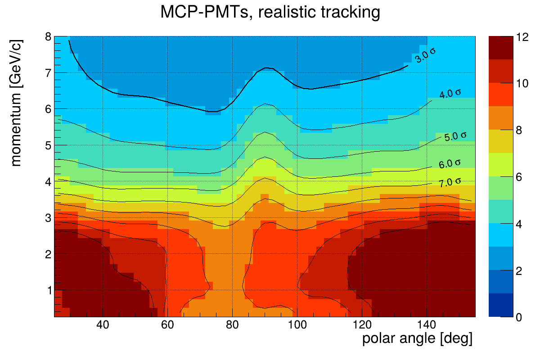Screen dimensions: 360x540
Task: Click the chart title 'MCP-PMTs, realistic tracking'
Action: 270,13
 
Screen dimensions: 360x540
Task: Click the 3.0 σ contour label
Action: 425,55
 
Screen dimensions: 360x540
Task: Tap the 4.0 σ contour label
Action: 450,94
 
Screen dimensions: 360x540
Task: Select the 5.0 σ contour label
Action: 455,136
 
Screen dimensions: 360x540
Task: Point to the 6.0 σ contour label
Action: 450,164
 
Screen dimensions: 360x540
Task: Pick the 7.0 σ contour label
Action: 450,182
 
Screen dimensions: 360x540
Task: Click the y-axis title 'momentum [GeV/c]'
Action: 16,103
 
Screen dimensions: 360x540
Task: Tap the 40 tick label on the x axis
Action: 103,325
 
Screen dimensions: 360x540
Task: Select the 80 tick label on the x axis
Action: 232,325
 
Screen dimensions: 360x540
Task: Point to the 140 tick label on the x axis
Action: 426,325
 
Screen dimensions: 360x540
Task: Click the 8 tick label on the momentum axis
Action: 47,37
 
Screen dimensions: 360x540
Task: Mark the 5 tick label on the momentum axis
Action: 47,146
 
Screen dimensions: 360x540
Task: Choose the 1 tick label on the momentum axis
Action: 47,290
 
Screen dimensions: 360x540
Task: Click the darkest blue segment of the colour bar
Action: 500,305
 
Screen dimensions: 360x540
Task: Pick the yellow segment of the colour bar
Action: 500,141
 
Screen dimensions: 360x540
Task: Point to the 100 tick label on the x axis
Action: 297,325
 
